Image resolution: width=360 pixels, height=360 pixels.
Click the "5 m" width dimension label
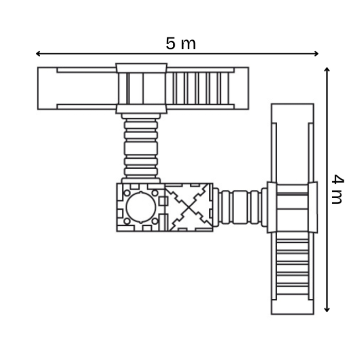coord(181,44)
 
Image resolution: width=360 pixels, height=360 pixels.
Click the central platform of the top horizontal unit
coord(141,88)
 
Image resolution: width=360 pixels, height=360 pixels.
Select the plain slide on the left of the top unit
coord(77,88)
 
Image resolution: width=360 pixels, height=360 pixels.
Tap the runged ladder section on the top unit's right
coord(201,88)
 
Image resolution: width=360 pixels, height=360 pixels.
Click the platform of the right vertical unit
coord(292,207)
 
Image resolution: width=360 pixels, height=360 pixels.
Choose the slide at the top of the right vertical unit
coord(292,144)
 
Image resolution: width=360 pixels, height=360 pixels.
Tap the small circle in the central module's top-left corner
coord(127,192)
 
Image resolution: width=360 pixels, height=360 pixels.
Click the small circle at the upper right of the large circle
coord(155,192)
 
